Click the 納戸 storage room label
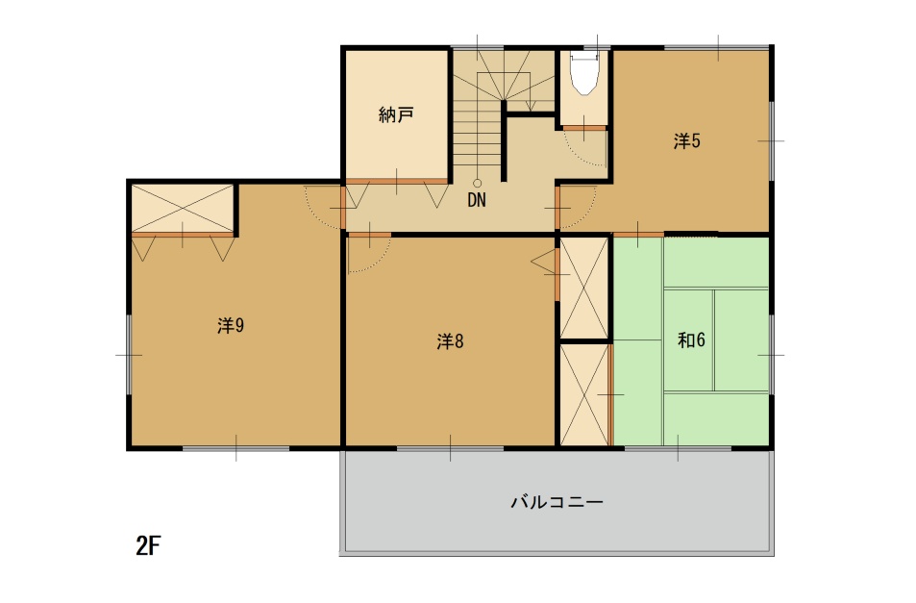[396, 114]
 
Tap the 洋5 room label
[686, 140]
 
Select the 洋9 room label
[231, 325]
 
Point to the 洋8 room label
[450, 340]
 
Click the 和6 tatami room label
[691, 339]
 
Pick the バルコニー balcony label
[557, 502]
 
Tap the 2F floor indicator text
[148, 545]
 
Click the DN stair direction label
[477, 200]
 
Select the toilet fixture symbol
[584, 72]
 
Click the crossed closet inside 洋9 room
[183, 208]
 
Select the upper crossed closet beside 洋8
[584, 288]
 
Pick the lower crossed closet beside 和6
[584, 395]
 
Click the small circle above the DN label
[478, 184]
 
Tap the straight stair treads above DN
[478, 134]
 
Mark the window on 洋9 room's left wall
[129, 355]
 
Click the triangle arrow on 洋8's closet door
[542, 262]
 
